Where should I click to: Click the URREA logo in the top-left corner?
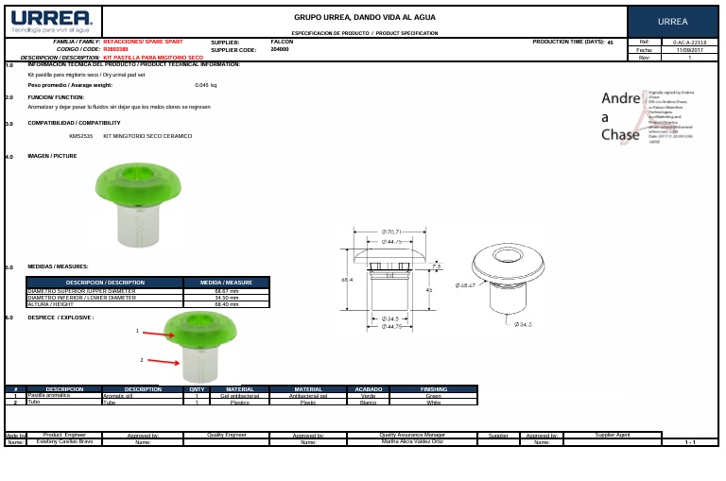[x=52, y=21]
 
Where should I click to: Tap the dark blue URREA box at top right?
[x=672, y=22]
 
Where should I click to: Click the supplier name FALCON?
[x=282, y=43]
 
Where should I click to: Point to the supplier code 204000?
[x=280, y=49]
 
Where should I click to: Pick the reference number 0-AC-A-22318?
[x=689, y=43]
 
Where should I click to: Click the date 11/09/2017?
[x=689, y=50]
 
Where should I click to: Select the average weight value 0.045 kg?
[x=205, y=85]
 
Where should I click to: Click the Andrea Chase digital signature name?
[x=620, y=116]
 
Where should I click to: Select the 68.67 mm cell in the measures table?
[x=227, y=291]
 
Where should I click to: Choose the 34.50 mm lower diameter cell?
[x=227, y=298]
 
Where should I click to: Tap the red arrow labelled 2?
[x=163, y=361]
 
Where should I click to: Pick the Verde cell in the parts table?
[x=369, y=396]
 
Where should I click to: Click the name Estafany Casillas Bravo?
[x=64, y=441]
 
